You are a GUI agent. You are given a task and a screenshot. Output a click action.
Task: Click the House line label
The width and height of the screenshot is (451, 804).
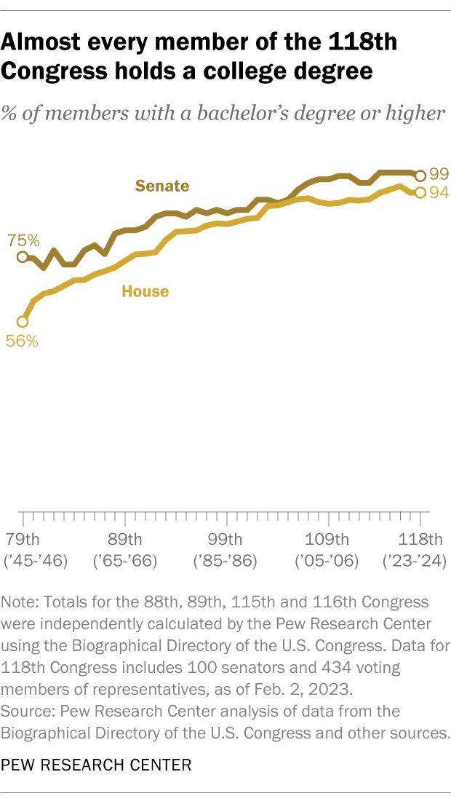(145, 291)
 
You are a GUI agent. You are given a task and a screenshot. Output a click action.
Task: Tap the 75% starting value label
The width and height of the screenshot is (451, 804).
(24, 240)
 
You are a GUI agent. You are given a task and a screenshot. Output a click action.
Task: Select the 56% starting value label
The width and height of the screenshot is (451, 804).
(23, 340)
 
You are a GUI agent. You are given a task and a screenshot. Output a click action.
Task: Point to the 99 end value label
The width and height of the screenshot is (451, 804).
(439, 174)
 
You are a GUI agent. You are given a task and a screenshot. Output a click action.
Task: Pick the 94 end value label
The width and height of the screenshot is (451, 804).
(439, 192)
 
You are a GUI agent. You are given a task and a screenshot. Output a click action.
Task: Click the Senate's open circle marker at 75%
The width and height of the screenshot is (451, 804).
(23, 257)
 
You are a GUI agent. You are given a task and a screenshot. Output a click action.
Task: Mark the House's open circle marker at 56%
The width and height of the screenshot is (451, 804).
(23, 321)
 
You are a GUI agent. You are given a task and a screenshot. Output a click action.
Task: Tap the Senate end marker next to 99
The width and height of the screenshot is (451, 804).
(420, 175)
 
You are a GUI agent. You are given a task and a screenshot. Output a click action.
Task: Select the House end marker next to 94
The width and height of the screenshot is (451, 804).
(420, 192)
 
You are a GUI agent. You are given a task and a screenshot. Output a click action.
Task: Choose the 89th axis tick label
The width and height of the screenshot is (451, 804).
(125, 540)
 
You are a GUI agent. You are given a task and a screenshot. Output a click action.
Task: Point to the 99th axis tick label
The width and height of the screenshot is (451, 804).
(226, 540)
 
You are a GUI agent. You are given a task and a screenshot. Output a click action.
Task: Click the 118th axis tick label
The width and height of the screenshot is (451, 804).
(422, 540)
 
